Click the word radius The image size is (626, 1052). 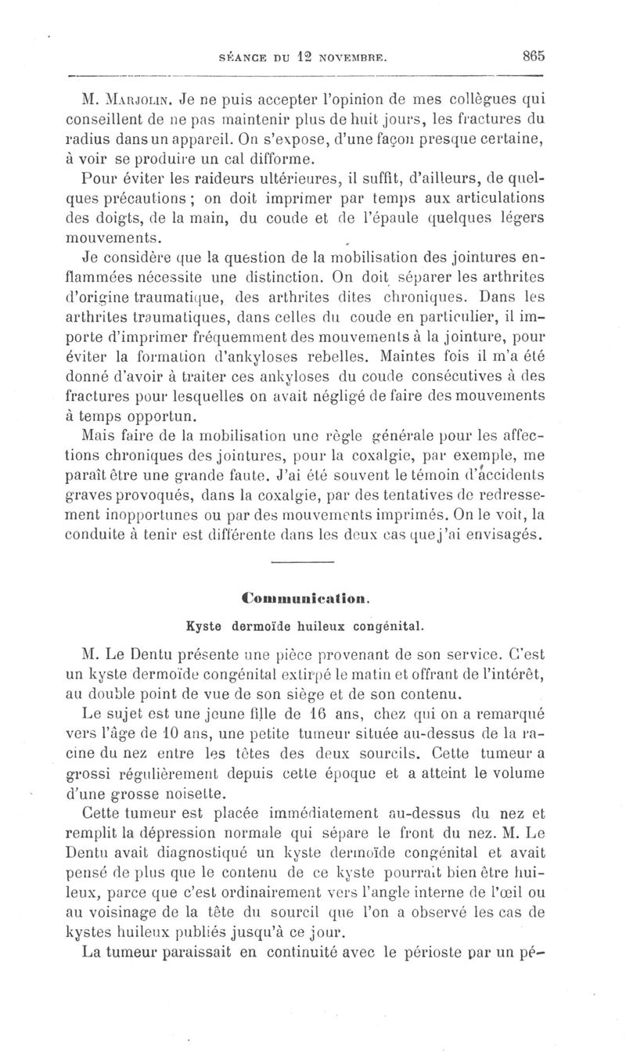(x=103, y=140)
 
